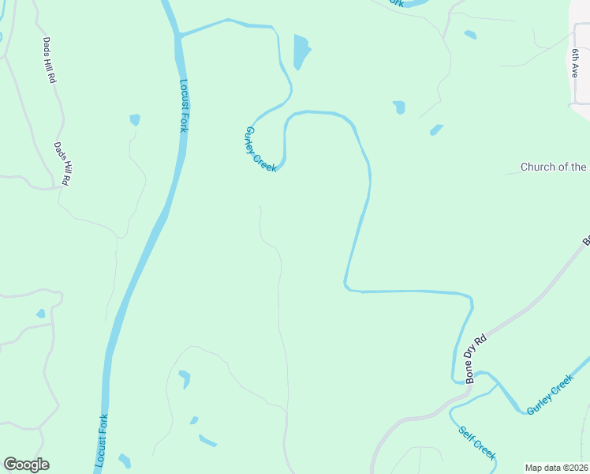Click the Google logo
[x=26, y=465]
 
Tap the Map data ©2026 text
[x=556, y=468]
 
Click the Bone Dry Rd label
[x=478, y=359]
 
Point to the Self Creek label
[x=477, y=443]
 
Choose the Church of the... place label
[x=554, y=167]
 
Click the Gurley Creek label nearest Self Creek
[x=550, y=395]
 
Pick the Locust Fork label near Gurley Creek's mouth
[x=183, y=105]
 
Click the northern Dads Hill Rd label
[x=50, y=61]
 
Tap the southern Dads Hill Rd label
[x=62, y=164]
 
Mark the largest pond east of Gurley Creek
[x=301, y=51]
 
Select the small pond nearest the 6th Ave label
[x=470, y=35]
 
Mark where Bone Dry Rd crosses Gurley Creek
[x=456, y=379]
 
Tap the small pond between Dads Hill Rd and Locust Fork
[x=135, y=120]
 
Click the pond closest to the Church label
[x=436, y=130]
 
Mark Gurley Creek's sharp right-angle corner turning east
[x=345, y=286]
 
